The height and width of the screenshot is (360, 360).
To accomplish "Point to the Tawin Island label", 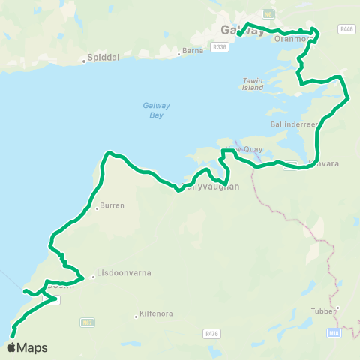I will point(253,84).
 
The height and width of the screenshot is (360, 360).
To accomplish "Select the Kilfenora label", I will point(153,316).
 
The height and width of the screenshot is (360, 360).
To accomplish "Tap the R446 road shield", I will point(346,30).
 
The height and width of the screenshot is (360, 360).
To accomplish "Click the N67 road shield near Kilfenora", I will point(88,322).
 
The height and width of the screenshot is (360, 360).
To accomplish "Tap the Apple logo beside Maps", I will point(11,347).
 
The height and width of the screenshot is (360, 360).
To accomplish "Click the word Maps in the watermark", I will point(32,348).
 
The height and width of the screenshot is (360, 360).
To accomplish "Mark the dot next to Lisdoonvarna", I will point(93,275).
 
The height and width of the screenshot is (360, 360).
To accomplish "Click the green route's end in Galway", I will point(238,34).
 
